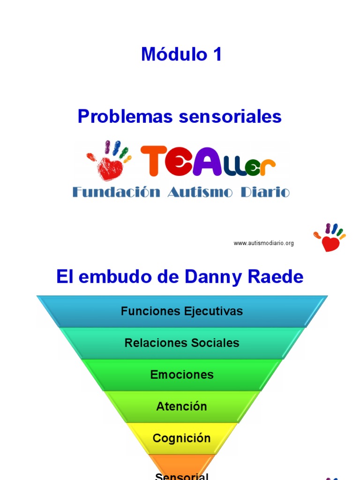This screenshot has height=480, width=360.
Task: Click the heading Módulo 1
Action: (x=181, y=55)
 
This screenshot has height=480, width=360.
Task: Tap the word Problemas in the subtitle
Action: (x=121, y=116)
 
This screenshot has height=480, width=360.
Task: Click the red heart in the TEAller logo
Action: (x=111, y=168)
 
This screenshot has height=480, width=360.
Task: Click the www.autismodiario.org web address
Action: (x=263, y=243)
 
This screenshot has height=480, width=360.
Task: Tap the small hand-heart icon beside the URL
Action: (x=330, y=238)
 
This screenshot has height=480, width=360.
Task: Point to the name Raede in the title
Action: (x=277, y=277)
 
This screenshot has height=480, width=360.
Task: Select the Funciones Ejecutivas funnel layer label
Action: (x=182, y=311)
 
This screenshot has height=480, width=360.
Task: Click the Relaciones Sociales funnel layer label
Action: (x=182, y=343)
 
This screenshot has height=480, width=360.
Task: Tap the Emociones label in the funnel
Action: (x=182, y=375)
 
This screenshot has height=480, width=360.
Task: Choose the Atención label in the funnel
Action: (x=182, y=406)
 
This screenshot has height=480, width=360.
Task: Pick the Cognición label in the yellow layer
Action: (x=182, y=438)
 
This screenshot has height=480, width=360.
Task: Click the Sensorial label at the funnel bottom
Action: (x=182, y=476)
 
